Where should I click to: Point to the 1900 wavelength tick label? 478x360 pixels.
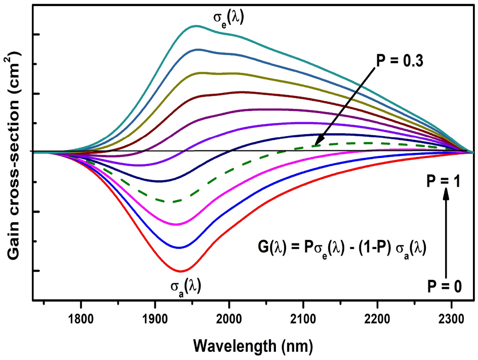(155, 319)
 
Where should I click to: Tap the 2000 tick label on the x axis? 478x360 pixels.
(229, 319)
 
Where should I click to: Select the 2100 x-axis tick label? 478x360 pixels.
(303, 319)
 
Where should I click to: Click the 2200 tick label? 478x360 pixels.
(378, 319)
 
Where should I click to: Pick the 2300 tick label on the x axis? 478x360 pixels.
(452, 319)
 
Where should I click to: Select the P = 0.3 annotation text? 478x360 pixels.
(399, 61)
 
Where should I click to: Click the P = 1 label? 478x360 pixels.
(445, 179)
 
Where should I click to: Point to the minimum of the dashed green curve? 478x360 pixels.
(173, 202)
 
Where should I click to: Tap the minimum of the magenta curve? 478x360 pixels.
(176, 224)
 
